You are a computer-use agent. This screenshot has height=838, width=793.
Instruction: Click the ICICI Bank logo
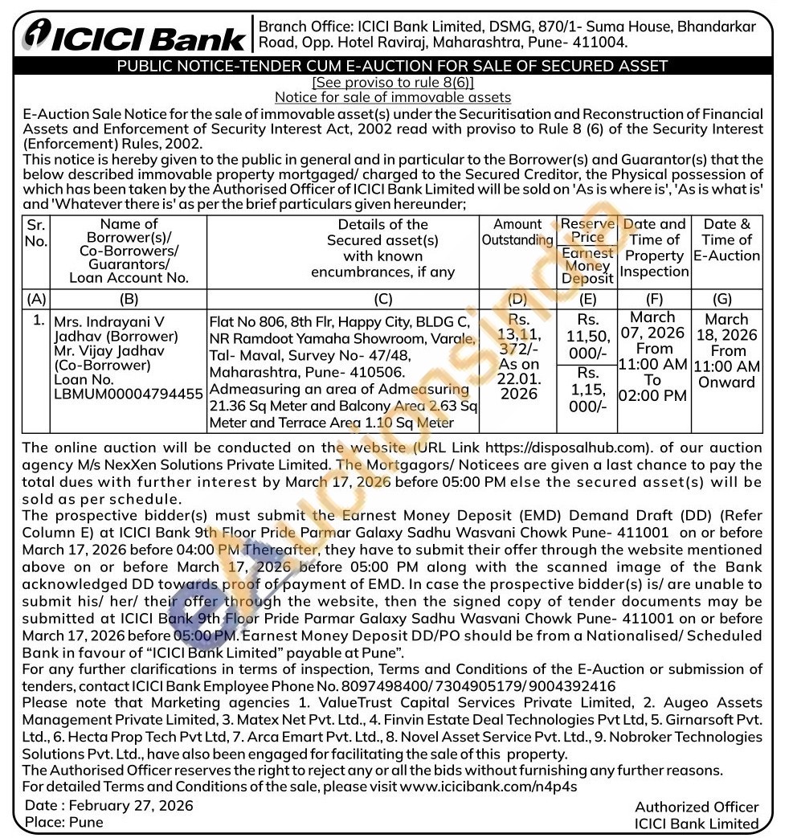pyautogui.click(x=134, y=36)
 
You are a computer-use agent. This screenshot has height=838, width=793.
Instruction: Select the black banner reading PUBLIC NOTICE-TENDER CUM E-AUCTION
pyautogui.click(x=392, y=67)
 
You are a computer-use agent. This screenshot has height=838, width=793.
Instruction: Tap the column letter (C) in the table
pyautogui.click(x=382, y=299)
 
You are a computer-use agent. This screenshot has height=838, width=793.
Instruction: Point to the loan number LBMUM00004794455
pyautogui.click(x=128, y=395)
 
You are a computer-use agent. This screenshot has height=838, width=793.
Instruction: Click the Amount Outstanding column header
pyautogui.click(x=517, y=232)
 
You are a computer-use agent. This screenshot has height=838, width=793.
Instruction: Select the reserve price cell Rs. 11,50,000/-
pyautogui.click(x=587, y=335)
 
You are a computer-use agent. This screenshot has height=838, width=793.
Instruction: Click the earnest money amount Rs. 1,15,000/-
pyautogui.click(x=587, y=389)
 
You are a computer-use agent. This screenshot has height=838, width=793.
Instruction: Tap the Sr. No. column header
pyautogui.click(x=36, y=233)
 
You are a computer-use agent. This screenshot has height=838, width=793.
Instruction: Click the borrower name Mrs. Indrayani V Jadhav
pyautogui.click(x=116, y=329)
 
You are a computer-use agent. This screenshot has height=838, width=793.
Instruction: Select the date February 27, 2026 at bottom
pyautogui.click(x=131, y=806)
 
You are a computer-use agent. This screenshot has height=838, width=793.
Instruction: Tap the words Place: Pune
pyautogui.click(x=63, y=823)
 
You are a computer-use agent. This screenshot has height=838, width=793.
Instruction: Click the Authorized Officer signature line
pyautogui.click(x=696, y=807)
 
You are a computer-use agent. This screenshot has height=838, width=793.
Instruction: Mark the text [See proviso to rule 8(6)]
pyautogui.click(x=393, y=83)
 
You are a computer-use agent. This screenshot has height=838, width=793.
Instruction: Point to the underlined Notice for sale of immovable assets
pyautogui.click(x=393, y=98)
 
